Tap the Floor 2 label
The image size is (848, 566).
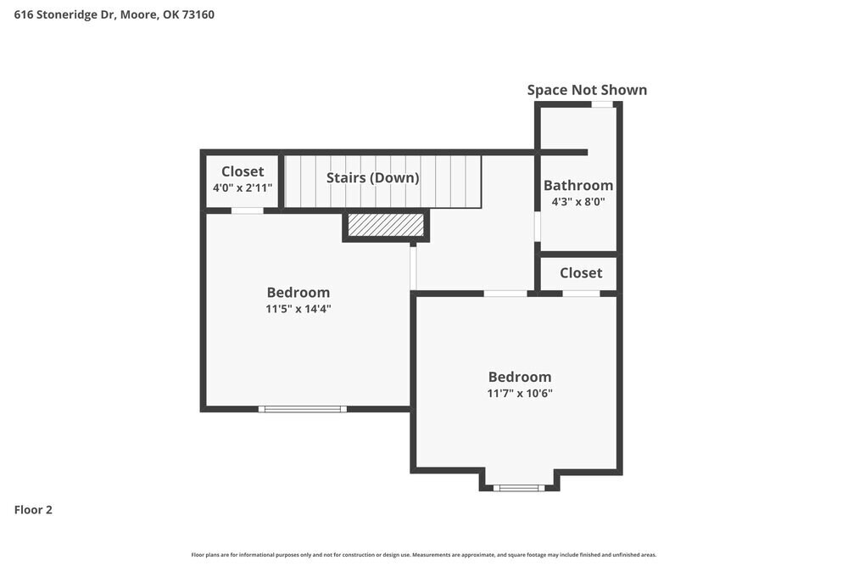coord(33,510)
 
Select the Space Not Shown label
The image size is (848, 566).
coord(587,90)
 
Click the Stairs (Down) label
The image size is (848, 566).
coord(373,178)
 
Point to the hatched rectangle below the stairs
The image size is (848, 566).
coord(386,225)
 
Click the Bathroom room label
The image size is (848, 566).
coord(578,185)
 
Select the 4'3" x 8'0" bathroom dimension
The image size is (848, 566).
coord(578,202)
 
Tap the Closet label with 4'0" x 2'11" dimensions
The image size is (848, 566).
coord(243,171)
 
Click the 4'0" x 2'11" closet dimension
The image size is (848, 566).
coord(243,188)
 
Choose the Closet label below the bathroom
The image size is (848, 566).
coord(581,272)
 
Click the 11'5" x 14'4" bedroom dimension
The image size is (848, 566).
coord(298,310)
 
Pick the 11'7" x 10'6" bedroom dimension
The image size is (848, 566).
coord(520,393)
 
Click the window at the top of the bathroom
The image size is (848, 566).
coord(602,104)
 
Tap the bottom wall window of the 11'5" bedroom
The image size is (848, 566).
coord(303,409)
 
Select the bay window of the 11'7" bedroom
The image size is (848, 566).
coord(519,488)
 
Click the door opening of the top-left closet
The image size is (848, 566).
coord(247,210)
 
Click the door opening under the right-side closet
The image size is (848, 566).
coord(581,294)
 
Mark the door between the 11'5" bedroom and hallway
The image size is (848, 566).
coord(413,268)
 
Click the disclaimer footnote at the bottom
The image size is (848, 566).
coord(424,554)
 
